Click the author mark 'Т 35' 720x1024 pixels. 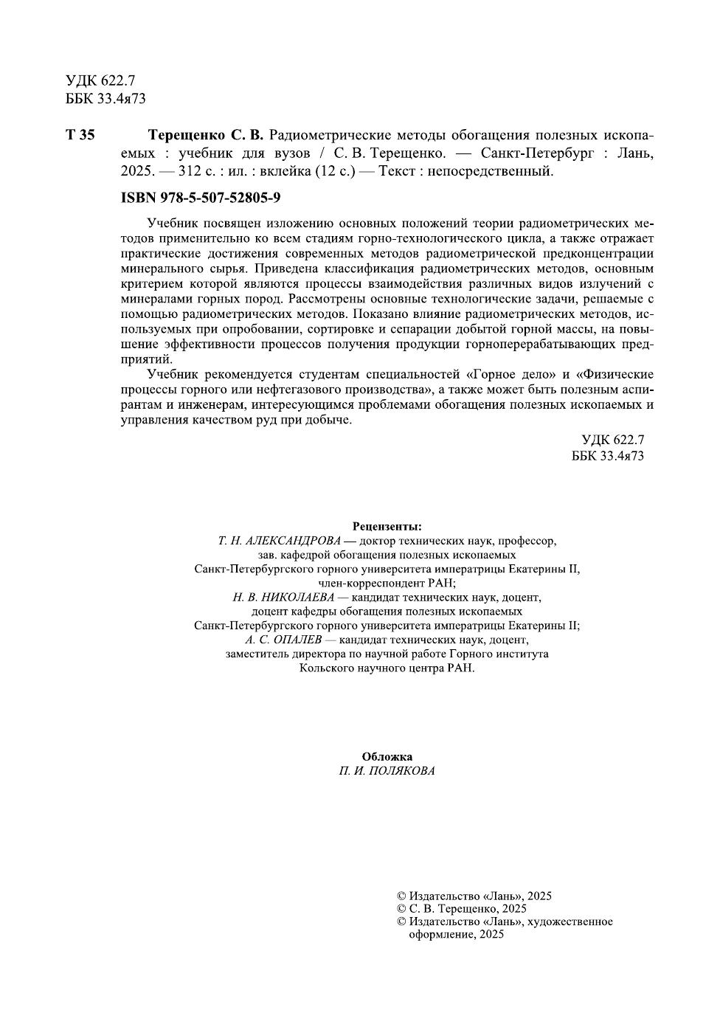click(x=80, y=136)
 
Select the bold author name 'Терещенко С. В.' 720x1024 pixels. click(x=205, y=136)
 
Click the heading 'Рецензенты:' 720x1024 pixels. click(x=387, y=527)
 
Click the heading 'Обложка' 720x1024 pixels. click(x=387, y=757)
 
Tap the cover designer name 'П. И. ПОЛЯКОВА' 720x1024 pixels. click(x=387, y=771)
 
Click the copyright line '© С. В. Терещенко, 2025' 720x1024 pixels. click(x=462, y=909)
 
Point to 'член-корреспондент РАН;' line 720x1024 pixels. click(x=387, y=583)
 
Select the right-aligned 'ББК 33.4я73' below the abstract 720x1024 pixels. click(x=607, y=456)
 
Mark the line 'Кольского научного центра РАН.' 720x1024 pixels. click(x=387, y=668)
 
